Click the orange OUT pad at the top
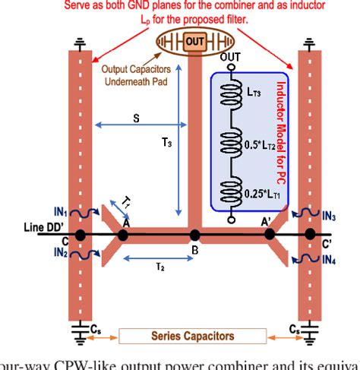coord(194,40)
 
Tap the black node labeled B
coord(195,235)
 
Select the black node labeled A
coord(123,235)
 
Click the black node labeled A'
coord(269,235)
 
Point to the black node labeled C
coord(80,235)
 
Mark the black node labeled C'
coord(310,235)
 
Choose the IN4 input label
coord(330,260)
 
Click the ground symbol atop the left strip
coord(80,41)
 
